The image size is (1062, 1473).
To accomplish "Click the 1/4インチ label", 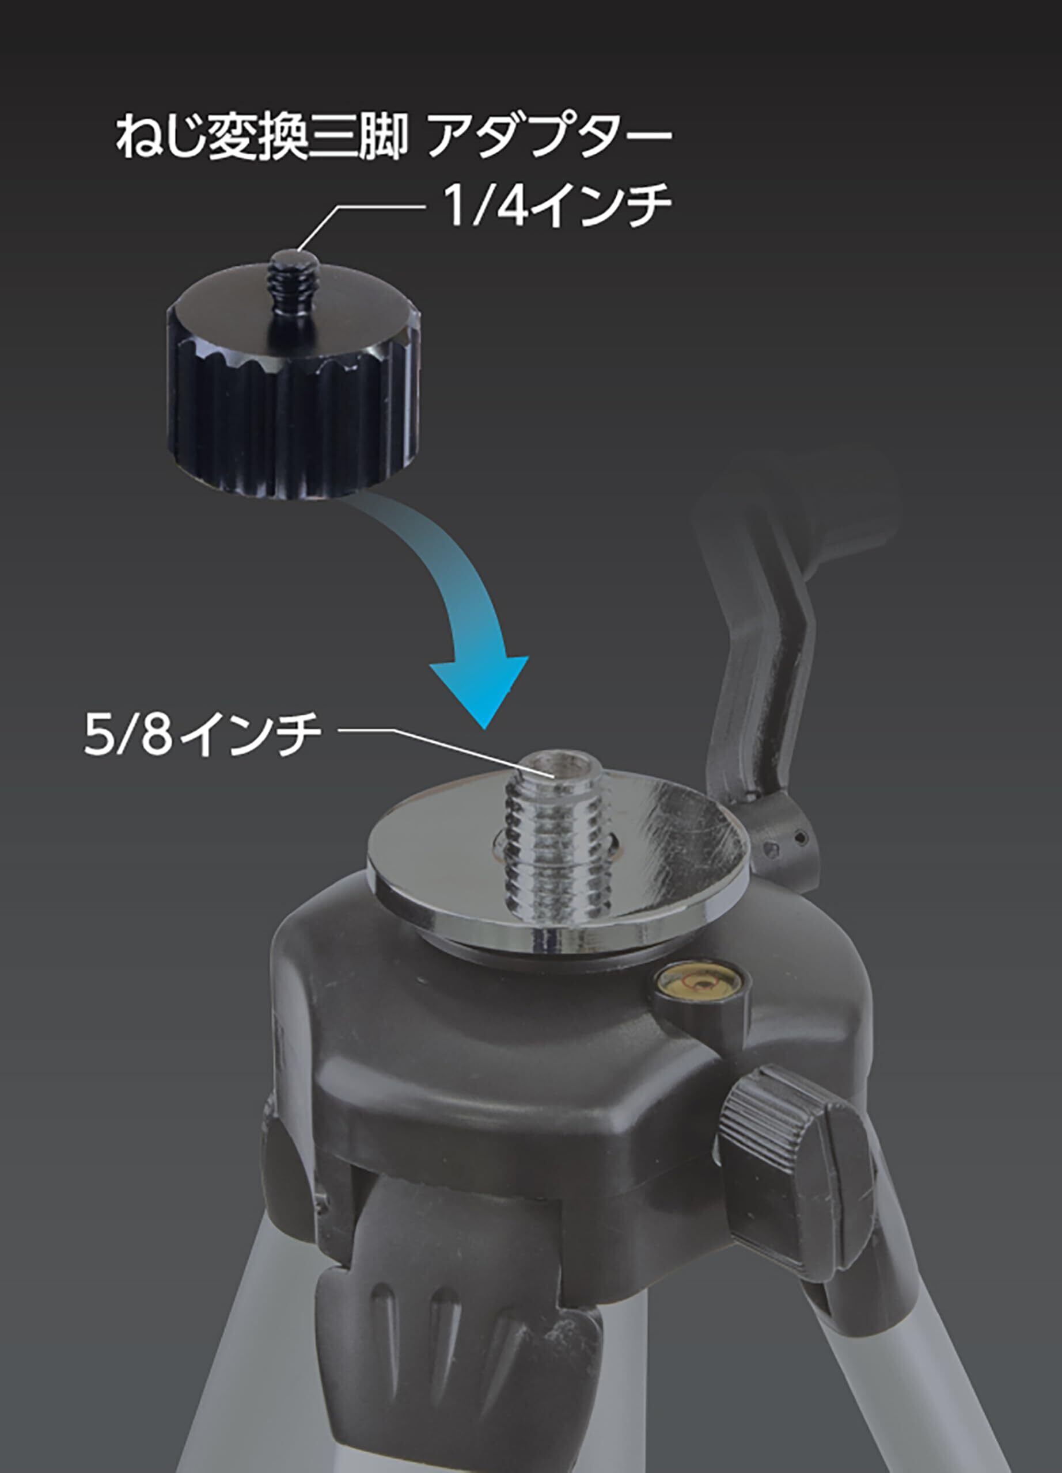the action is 557,205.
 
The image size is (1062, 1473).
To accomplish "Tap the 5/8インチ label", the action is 203,735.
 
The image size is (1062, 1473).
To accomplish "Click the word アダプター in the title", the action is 549,138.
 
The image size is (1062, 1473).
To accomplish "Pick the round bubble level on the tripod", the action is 699,987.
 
